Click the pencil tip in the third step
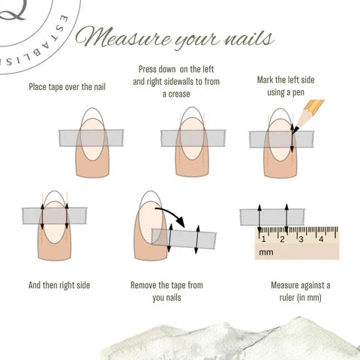[295, 128]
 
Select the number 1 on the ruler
[263, 239]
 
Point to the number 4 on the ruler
[321, 239]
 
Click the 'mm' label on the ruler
[266, 253]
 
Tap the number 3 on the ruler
[301, 239]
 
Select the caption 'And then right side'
[61, 286]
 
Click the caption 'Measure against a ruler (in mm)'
[299, 291]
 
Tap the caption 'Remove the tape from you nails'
[166, 291]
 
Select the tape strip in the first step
[91, 137]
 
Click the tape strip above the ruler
[272, 216]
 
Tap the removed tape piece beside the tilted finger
[184, 239]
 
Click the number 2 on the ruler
[283, 239]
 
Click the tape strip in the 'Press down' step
[193, 137]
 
